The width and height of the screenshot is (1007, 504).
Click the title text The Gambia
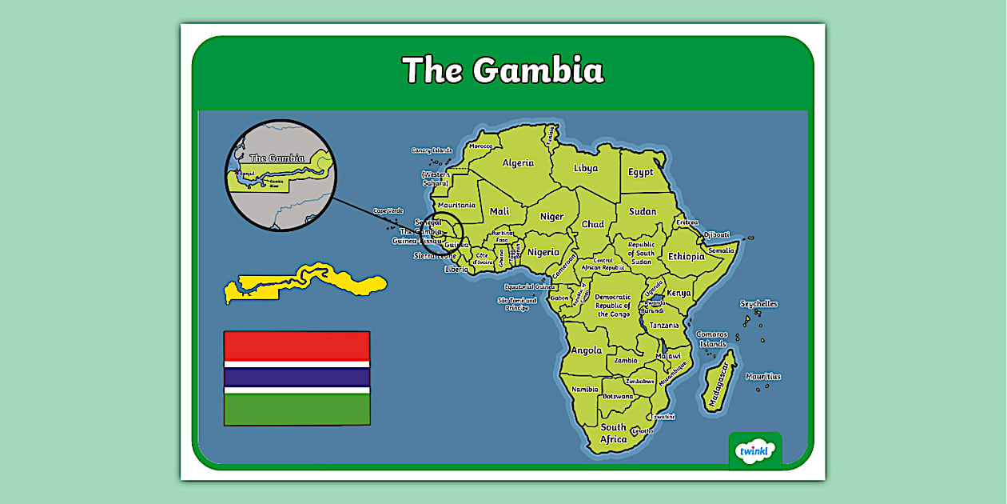[x=503, y=70]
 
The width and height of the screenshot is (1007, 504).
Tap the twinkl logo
[x=754, y=451]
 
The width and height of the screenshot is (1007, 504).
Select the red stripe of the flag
[x=297, y=346]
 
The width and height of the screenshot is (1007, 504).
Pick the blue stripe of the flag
[x=297, y=377]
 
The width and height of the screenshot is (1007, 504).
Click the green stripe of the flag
[x=297, y=409]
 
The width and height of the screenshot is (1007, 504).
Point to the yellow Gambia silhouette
[x=304, y=282]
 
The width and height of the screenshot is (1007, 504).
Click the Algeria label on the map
[x=518, y=163]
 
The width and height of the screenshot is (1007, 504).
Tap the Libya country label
[x=586, y=169]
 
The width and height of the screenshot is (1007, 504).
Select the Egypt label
[x=640, y=172]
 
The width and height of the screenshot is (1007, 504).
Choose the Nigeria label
[x=543, y=252]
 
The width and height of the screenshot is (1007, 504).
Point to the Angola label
[x=587, y=350]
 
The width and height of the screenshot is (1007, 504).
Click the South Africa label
[x=614, y=434]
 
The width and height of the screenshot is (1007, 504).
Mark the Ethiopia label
[x=687, y=257]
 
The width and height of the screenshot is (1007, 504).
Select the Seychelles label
[x=758, y=304]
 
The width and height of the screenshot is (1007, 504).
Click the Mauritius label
[x=763, y=377]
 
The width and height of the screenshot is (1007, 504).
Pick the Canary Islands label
[x=432, y=150]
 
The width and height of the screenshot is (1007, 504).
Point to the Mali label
[x=500, y=212]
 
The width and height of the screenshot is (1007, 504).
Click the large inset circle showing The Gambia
[x=281, y=175]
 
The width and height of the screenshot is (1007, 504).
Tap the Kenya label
[x=679, y=293]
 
